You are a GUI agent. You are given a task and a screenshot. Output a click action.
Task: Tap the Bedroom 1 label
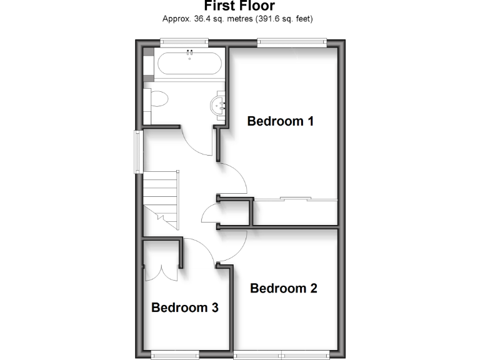(280, 121)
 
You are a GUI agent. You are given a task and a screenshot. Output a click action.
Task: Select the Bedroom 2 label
(284, 288)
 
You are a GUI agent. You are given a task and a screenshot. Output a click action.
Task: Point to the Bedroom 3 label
(185, 307)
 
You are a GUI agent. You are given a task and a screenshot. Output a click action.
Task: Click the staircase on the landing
(162, 199)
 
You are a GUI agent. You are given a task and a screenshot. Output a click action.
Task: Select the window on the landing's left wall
(136, 150)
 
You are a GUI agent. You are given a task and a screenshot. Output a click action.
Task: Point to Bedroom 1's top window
(291, 42)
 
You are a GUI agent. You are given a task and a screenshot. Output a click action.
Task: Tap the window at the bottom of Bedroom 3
(174, 355)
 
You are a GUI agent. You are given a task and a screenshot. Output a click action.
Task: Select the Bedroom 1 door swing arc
(235, 177)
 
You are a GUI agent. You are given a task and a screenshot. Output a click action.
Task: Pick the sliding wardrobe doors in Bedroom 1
(296, 199)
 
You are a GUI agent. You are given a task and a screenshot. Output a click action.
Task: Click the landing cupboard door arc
(208, 216)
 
